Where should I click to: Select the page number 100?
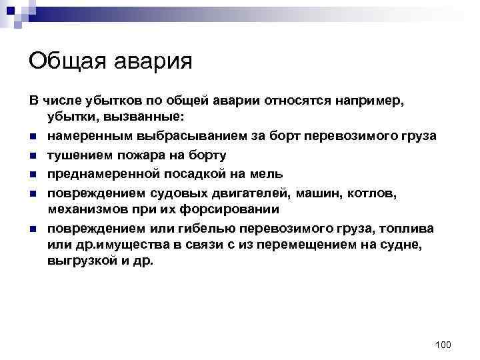point(443,344)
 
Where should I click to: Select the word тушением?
point(73,155)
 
